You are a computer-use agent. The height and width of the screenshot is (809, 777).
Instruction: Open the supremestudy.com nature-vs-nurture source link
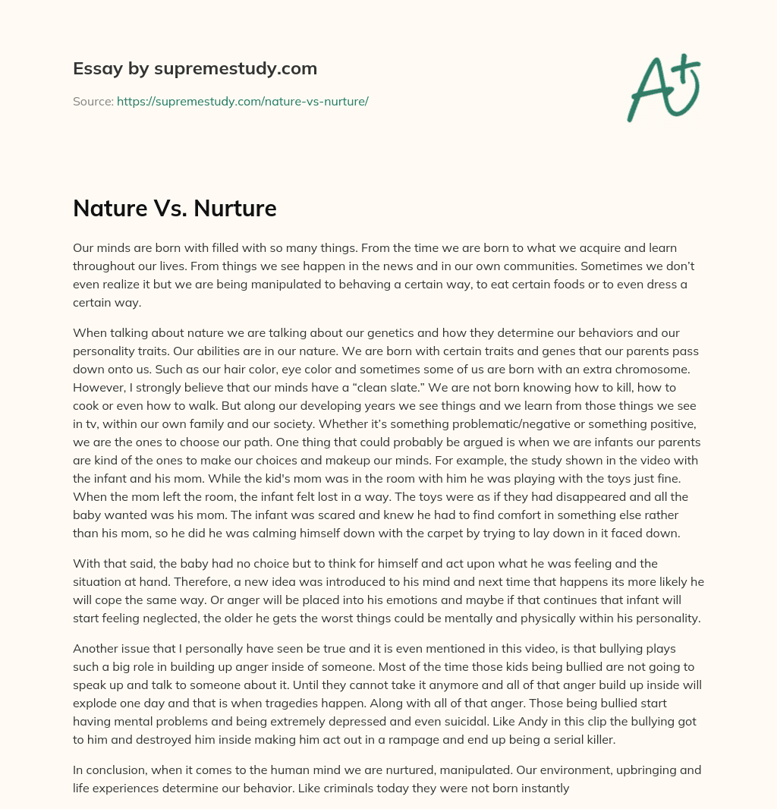click(242, 101)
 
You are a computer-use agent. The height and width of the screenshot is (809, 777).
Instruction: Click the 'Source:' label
click(93, 101)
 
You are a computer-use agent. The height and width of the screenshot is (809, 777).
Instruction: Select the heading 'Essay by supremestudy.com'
click(195, 69)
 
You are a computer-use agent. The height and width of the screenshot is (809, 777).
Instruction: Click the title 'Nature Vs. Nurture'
click(175, 209)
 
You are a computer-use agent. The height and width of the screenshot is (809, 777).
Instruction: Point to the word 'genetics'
click(379, 332)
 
